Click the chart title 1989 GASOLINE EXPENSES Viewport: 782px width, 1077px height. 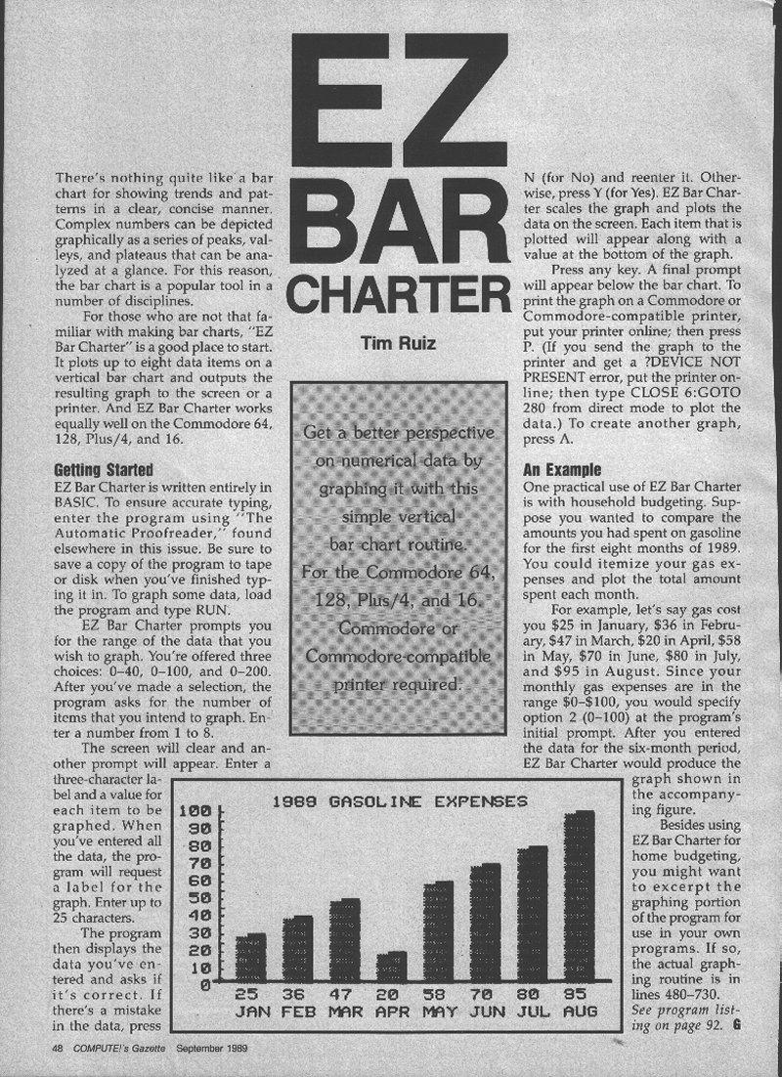point(400,801)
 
